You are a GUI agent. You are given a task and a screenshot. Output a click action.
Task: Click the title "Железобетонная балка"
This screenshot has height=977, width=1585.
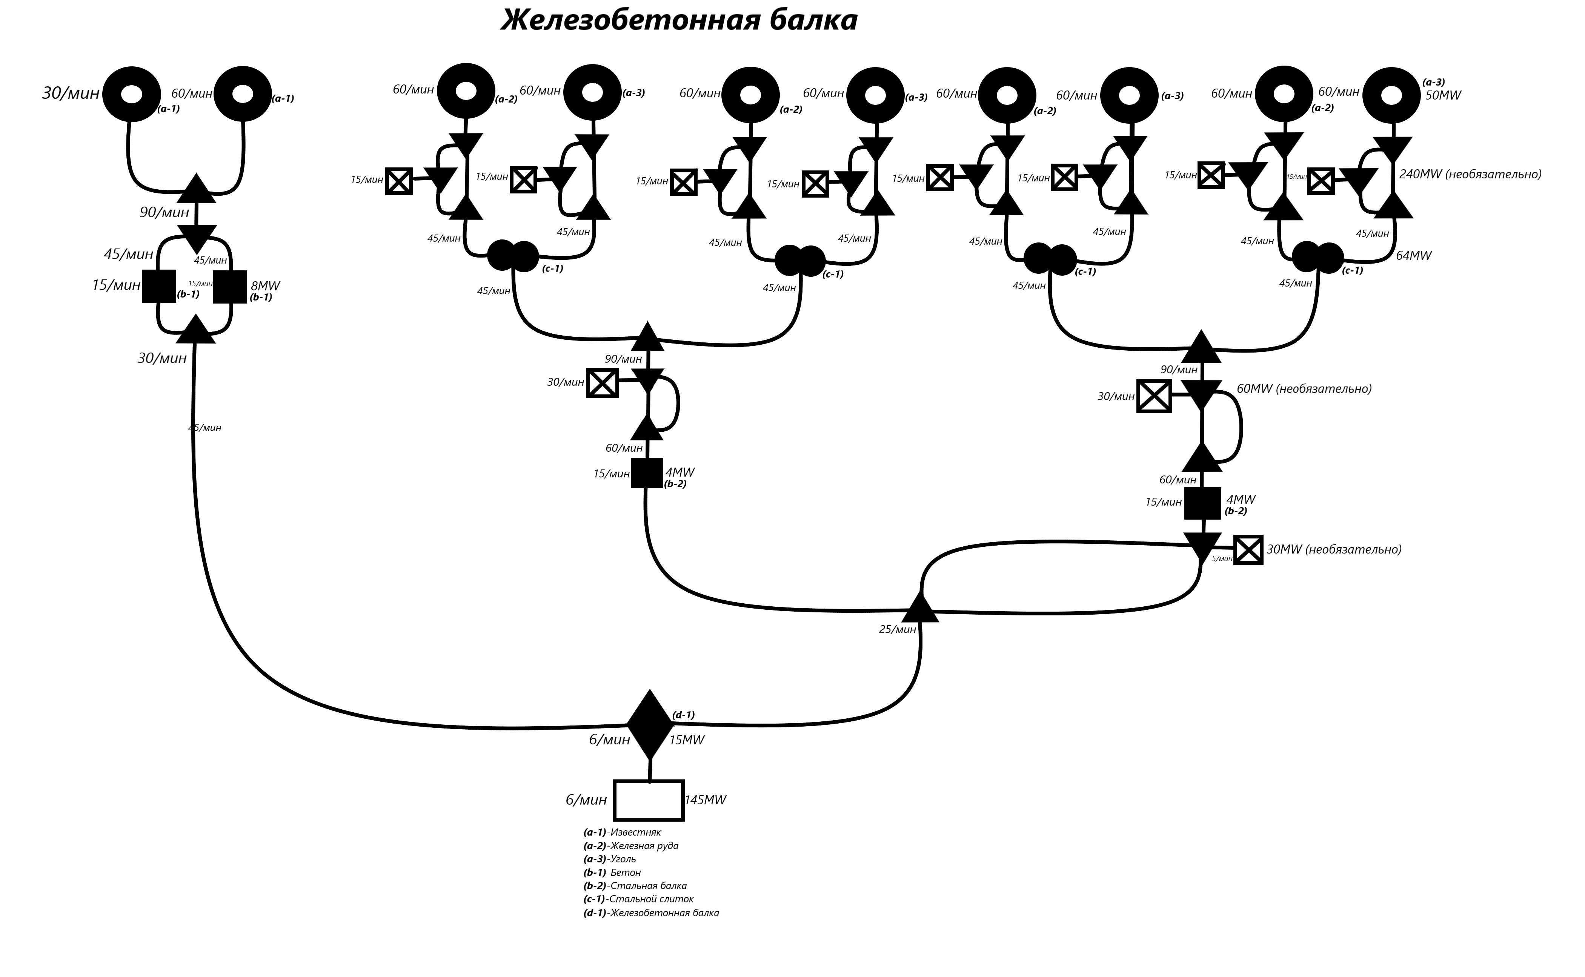(679, 21)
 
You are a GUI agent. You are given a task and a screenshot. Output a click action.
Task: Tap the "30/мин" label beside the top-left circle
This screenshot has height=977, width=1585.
(71, 94)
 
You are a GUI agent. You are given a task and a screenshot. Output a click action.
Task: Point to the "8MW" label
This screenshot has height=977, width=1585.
(265, 285)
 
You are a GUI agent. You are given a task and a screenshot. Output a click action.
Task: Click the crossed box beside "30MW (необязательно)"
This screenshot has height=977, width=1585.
(1248, 550)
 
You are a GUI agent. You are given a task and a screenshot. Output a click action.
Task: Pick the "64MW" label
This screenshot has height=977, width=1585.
(1414, 256)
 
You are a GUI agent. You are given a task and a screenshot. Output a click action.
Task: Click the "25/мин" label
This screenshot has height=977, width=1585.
(897, 629)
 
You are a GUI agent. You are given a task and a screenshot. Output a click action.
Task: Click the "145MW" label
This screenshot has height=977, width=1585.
(705, 800)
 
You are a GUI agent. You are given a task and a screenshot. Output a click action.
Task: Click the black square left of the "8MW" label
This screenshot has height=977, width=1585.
(230, 286)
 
